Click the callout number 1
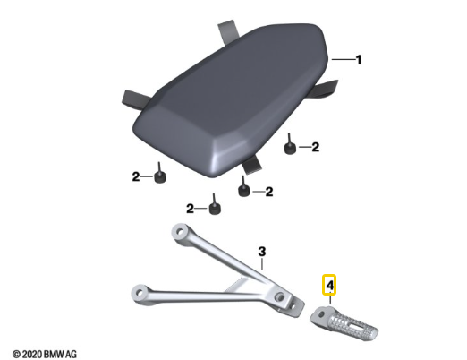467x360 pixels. point(359,60)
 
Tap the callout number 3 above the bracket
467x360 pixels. point(261,252)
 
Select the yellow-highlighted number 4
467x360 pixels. point(329,285)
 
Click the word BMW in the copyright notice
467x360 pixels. point(54,355)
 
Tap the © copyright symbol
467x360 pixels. point(17,355)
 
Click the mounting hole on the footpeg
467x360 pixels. point(322,313)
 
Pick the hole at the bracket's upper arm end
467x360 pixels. point(180,231)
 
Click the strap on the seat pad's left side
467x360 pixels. point(136,99)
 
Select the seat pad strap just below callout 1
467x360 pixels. point(325,90)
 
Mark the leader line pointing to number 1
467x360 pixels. point(344,60)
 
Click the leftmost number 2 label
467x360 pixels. point(136,176)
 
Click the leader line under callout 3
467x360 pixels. point(262,263)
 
